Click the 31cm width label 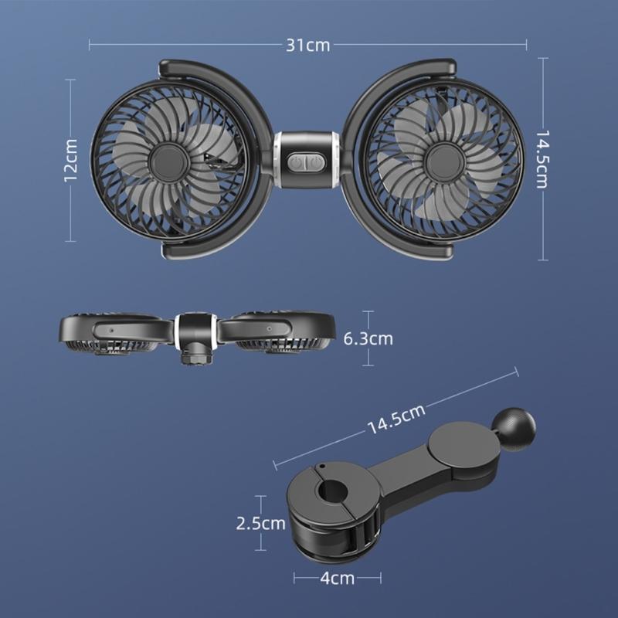308,44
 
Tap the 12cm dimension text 71,160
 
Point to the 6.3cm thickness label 368,338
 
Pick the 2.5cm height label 260,523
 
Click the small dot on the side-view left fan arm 111,328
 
